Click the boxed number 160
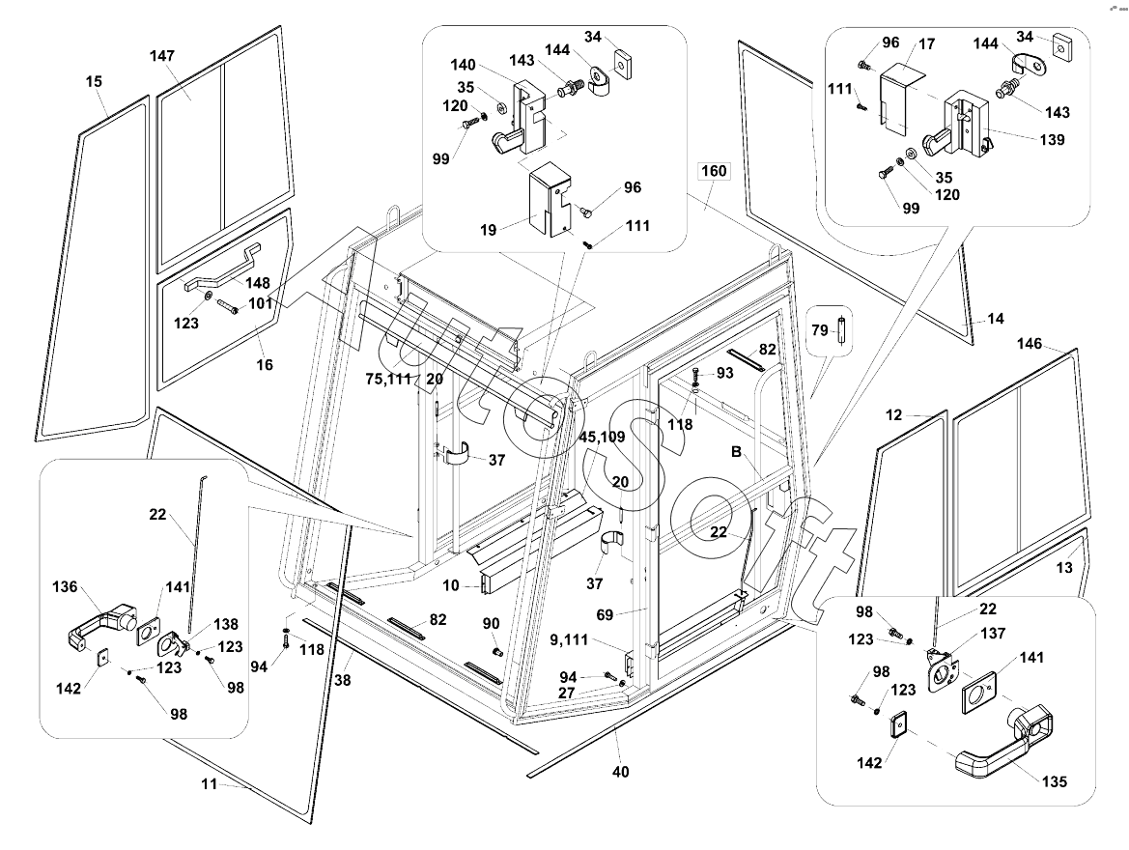pos(713,172)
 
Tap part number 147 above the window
pos(161,56)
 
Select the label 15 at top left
pos(94,82)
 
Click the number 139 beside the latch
pos(1053,140)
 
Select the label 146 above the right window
pos(1030,343)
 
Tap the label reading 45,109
pos(602,437)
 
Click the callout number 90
pos(491,623)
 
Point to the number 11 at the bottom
pos(210,784)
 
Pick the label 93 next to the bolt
pos(723,373)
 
